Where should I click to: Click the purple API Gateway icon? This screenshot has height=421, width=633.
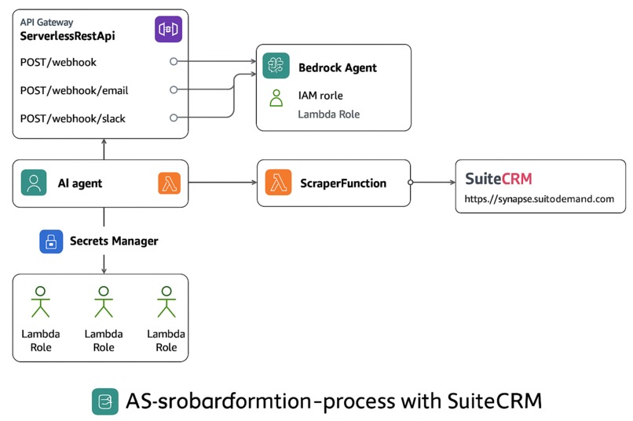tap(169, 30)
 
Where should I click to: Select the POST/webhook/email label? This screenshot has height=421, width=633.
tap(74, 90)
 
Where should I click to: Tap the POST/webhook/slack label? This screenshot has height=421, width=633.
tap(72, 118)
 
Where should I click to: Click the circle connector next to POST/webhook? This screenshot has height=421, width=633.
tap(174, 61)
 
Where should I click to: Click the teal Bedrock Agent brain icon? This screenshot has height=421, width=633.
tap(276, 67)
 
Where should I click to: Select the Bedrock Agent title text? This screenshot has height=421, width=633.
tap(337, 67)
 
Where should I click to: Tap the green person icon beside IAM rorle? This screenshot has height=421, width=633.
tap(276, 97)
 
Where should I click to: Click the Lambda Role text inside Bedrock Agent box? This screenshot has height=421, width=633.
tap(328, 114)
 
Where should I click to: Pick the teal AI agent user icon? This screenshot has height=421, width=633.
tap(34, 183)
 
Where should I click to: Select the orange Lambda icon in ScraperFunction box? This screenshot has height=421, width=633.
tap(277, 183)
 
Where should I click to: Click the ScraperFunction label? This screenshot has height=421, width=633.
tap(343, 183)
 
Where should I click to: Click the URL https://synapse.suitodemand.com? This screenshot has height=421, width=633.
tap(539, 199)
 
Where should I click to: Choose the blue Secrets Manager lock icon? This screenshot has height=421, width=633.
tap(51, 241)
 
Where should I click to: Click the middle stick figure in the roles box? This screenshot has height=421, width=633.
tap(103, 302)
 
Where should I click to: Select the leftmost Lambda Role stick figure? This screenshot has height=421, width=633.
tap(40, 302)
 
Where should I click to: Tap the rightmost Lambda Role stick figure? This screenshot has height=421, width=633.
tap(166, 302)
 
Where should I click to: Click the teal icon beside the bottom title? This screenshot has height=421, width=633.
tap(104, 401)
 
